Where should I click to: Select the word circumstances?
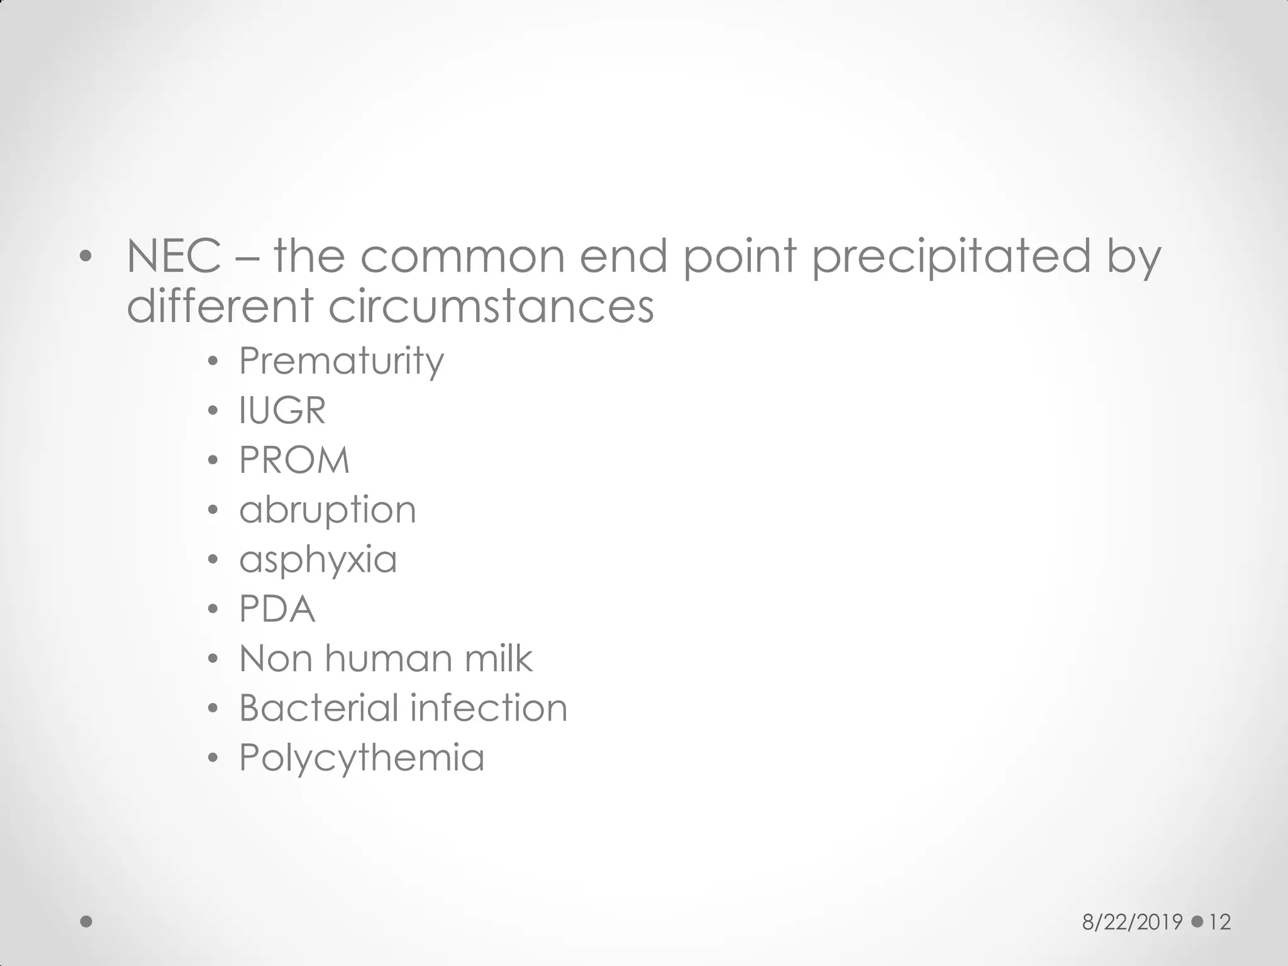[x=491, y=307]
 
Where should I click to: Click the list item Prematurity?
[x=341, y=361]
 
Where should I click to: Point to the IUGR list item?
[x=282, y=411]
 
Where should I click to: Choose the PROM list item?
[x=294, y=460]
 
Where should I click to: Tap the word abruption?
[x=328, y=510]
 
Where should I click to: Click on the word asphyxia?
[x=318, y=560]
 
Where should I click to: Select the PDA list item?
[x=277, y=609]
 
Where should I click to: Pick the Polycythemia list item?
[x=362, y=758]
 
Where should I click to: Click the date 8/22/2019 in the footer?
[x=1132, y=922]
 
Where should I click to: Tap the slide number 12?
[x=1219, y=922]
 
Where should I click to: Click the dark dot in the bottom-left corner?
[x=87, y=922]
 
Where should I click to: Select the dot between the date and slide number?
[x=1197, y=921]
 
